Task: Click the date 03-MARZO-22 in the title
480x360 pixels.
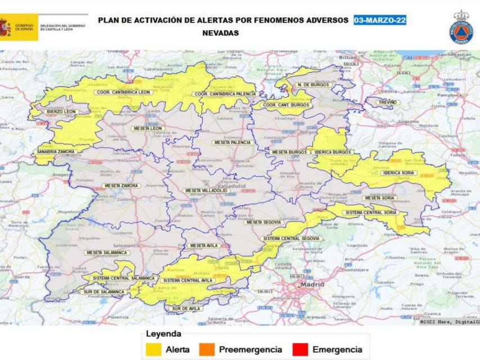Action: [x=380, y=21]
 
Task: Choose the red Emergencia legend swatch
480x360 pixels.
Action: [x=301, y=350]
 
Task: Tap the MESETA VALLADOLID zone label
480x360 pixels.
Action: [x=206, y=191]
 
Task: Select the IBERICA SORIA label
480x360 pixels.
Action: [x=399, y=173]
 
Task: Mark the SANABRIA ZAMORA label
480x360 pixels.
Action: [x=56, y=152]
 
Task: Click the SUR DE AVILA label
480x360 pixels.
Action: [x=185, y=309]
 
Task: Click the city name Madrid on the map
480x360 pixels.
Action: [x=313, y=286]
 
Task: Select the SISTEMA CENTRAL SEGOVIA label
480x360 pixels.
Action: [x=291, y=238]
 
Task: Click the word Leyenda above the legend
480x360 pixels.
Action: [x=163, y=334]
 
